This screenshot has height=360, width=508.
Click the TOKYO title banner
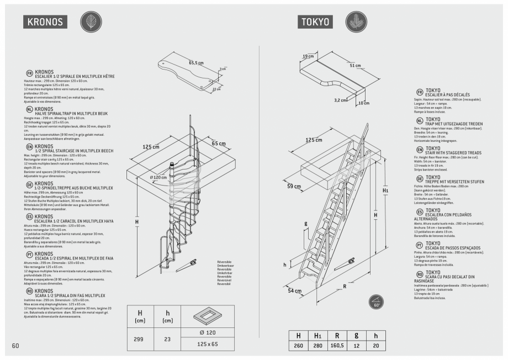316,22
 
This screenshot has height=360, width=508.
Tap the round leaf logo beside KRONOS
91,22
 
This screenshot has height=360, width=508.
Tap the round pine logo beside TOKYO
356,22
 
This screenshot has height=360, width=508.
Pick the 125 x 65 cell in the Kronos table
208,344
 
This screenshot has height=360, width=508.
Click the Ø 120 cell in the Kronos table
208,332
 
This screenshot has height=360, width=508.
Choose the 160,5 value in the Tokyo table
337,345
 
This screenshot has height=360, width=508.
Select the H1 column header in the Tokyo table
317,335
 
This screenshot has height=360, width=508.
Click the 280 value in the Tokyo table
317,345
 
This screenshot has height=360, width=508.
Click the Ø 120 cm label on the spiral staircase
158,177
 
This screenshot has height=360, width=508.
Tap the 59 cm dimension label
294,186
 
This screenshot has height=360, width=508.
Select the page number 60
15,346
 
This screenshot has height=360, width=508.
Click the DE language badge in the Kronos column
29,184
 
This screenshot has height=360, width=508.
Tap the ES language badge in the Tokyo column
420,212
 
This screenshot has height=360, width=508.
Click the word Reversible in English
225,269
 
